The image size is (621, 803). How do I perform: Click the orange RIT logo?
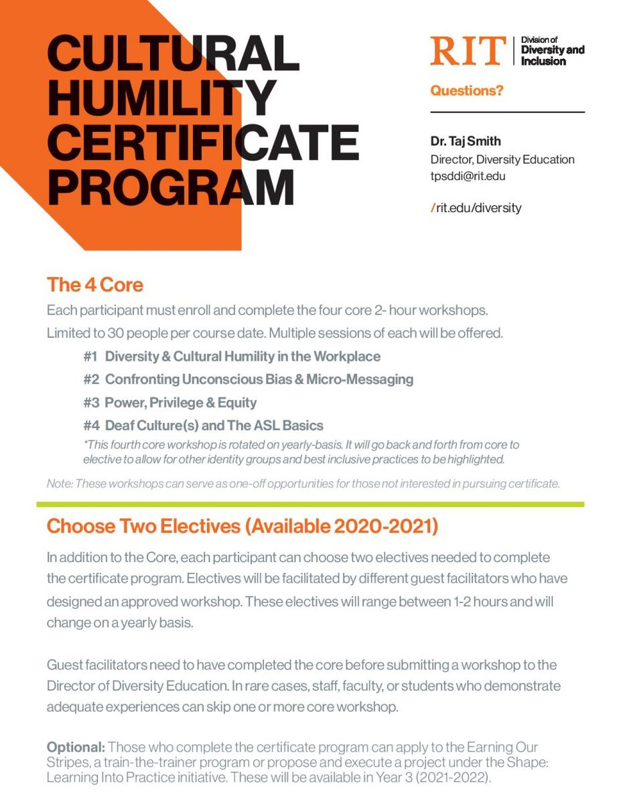tap(468, 51)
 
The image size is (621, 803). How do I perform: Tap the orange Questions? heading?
tap(466, 90)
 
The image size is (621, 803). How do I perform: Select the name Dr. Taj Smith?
tap(466, 142)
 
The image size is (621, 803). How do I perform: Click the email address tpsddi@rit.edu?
tap(468, 177)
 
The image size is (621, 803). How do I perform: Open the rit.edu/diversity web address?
tap(478, 207)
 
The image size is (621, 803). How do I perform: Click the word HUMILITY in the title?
tap(161, 98)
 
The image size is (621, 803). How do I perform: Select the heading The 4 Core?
tap(94, 285)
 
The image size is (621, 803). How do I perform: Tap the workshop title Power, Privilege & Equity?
tap(180, 403)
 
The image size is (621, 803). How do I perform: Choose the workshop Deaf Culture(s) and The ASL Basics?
tap(214, 426)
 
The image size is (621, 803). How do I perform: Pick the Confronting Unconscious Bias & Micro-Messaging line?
tap(259, 379)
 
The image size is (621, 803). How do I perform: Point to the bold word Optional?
tap(75, 747)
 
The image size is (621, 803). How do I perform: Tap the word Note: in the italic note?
tap(60, 484)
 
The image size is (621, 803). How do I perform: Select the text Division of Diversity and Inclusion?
tap(552, 51)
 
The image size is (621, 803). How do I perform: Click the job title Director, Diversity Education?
tap(502, 160)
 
